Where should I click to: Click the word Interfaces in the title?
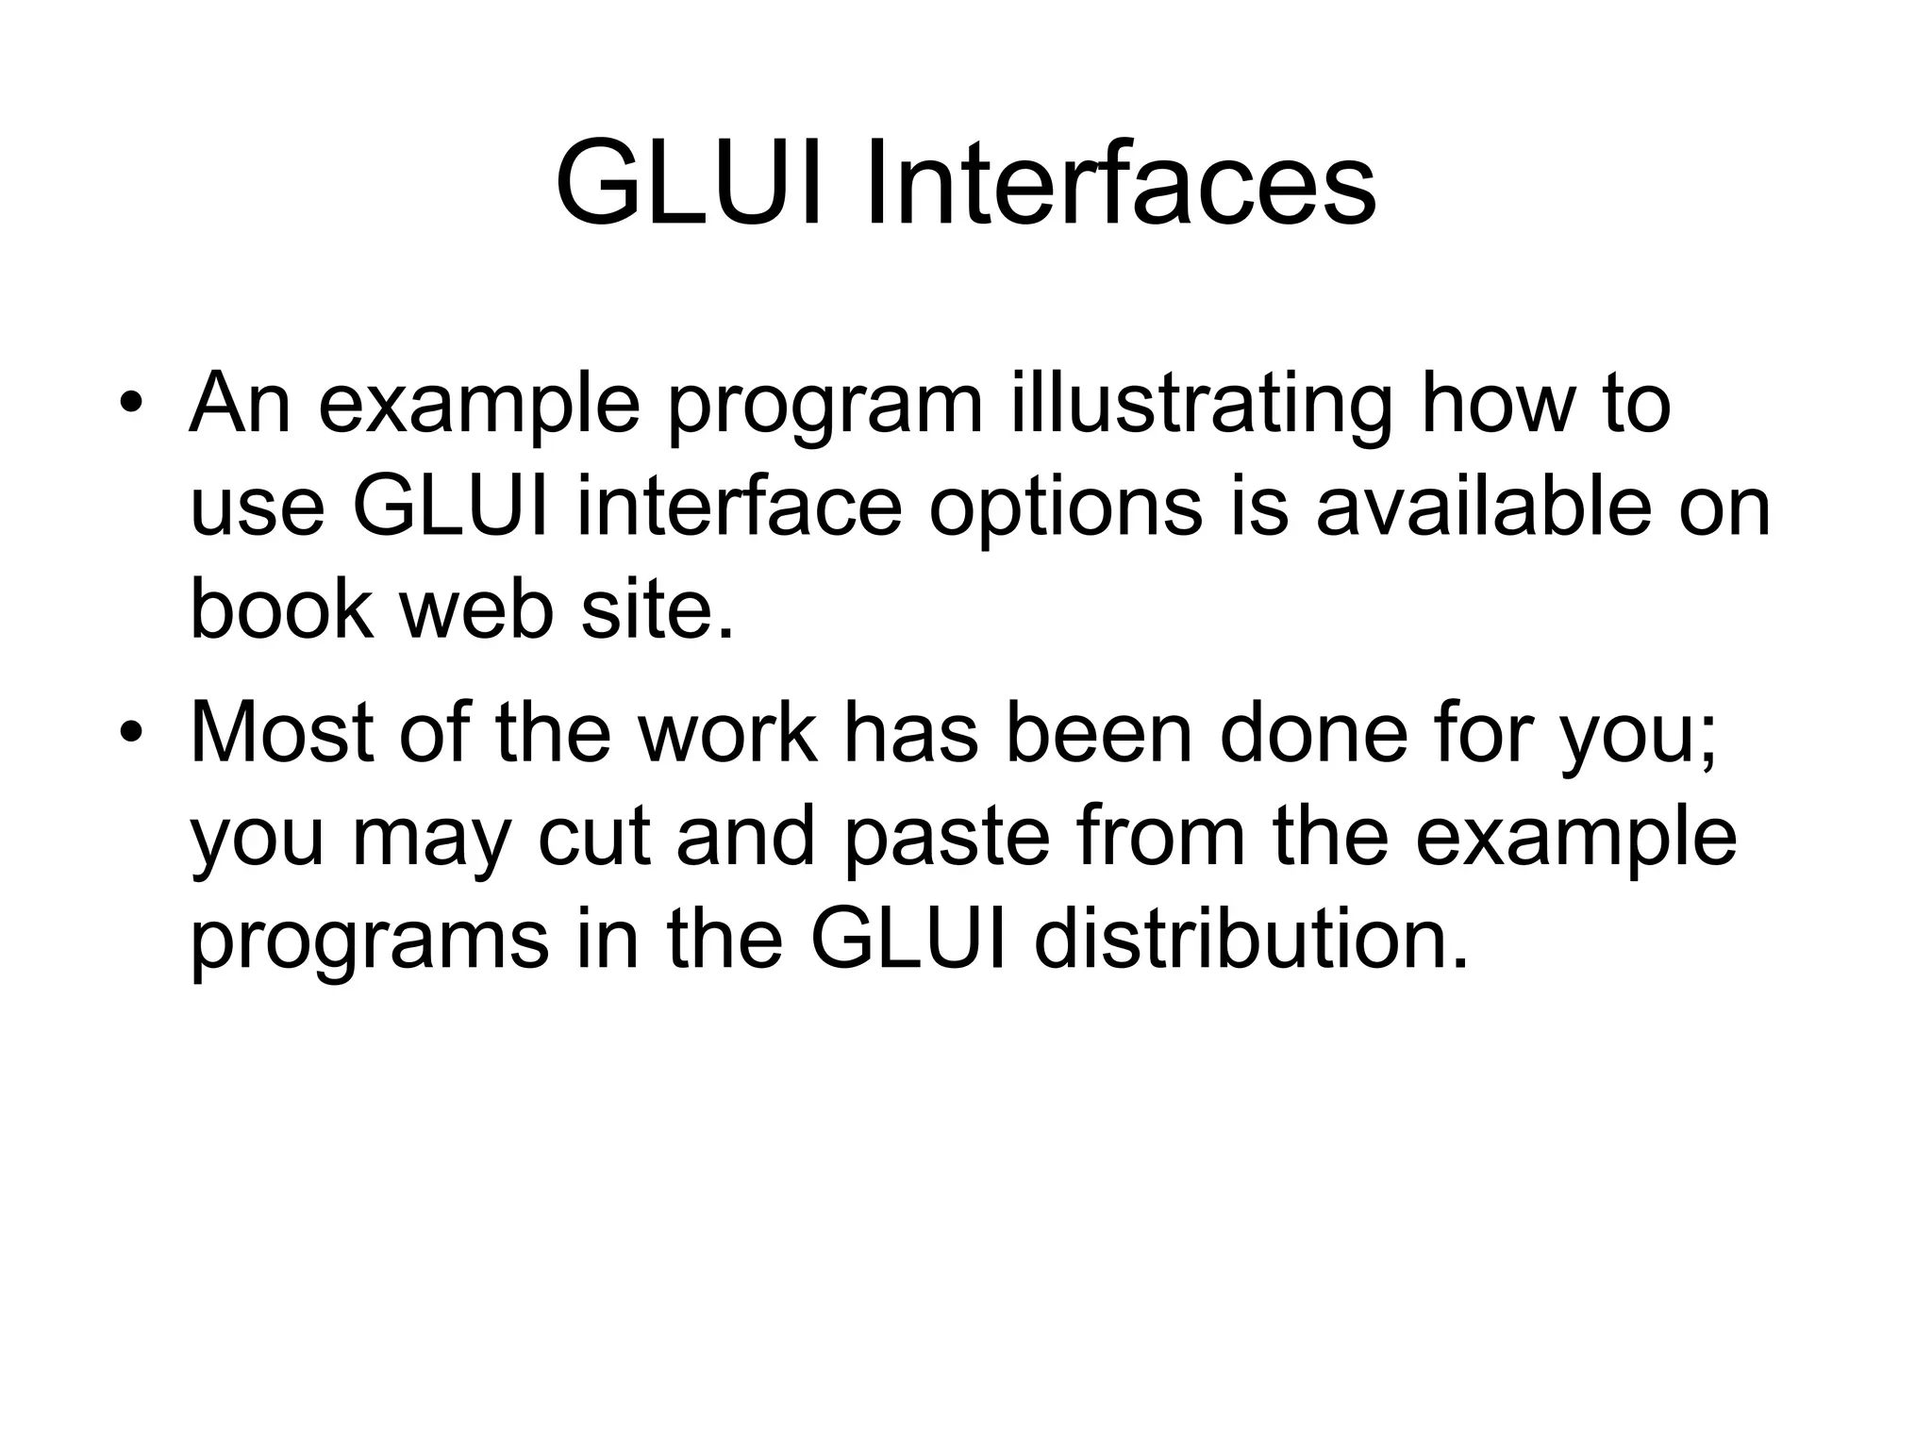click(x=1119, y=184)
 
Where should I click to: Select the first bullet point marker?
click(x=131, y=405)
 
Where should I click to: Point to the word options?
click(x=1065, y=509)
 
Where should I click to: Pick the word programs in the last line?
click(x=369, y=943)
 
